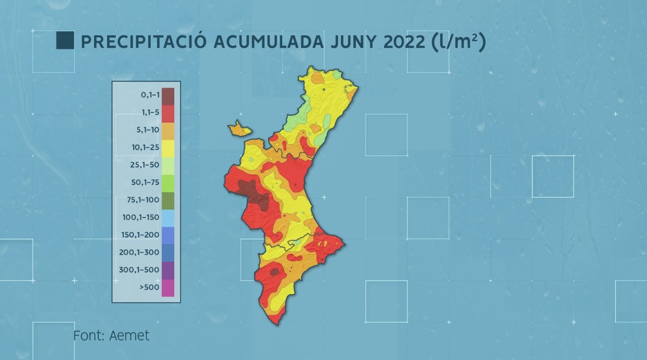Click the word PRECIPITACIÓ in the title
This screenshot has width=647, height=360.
144,42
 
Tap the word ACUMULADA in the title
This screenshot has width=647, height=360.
269,42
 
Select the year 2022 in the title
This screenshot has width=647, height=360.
400,42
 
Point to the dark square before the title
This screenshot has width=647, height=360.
65,40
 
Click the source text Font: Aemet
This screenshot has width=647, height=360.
111,335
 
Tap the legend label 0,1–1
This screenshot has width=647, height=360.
150,95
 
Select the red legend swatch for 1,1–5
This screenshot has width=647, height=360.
168,113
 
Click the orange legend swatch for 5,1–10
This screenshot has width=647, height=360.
168,131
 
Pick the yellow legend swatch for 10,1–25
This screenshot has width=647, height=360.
168,148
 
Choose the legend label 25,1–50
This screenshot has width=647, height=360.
145,165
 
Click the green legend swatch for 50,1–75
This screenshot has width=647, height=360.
168,183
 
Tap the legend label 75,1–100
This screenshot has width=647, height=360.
143,200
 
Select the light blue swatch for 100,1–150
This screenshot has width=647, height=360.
168,218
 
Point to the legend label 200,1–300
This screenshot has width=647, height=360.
139,252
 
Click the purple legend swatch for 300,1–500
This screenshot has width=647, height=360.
168,270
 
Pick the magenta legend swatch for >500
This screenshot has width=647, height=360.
168,288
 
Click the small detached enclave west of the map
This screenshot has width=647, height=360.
239,129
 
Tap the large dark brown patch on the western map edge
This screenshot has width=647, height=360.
253,193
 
